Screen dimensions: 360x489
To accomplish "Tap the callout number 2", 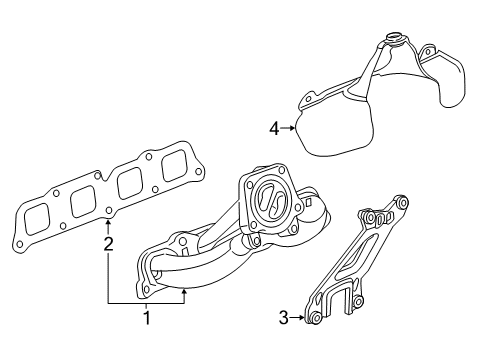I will tap(108, 243).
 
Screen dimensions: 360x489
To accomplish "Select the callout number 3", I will tap(283, 318).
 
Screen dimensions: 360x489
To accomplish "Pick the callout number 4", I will tap(274, 127).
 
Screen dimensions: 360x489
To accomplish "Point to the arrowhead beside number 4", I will tap(293, 127).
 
